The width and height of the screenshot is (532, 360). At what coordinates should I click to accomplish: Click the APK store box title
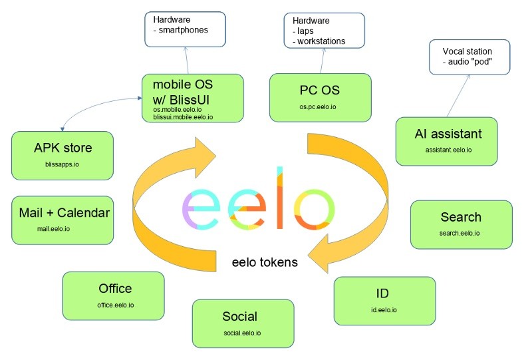63,148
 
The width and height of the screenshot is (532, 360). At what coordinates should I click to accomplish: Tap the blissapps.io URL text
62,164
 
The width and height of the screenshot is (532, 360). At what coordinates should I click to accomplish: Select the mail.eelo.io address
54,229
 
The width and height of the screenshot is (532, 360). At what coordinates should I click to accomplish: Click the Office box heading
115,289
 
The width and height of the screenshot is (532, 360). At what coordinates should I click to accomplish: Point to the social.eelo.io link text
242,333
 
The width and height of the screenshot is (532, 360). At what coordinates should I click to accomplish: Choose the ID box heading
382,293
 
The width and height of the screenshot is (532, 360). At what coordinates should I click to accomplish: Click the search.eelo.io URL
460,234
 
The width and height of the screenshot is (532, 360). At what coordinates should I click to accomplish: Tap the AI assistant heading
448,134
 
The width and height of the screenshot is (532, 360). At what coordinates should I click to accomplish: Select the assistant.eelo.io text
448,150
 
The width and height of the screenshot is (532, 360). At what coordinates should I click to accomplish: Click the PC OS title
320,90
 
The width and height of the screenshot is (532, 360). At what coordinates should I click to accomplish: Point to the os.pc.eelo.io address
318,107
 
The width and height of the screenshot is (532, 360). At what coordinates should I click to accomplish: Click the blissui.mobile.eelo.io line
184,117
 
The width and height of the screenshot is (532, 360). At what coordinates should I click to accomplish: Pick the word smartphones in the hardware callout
184,30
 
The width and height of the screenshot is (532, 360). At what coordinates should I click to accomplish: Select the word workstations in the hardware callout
321,41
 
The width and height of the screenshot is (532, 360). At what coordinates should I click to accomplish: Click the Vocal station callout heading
467,51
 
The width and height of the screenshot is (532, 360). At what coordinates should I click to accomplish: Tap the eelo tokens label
265,262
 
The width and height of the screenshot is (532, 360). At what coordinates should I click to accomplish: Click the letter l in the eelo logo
280,198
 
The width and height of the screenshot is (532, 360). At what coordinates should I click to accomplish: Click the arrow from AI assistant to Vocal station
458,96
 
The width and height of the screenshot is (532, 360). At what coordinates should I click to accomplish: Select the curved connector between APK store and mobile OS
96,103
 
